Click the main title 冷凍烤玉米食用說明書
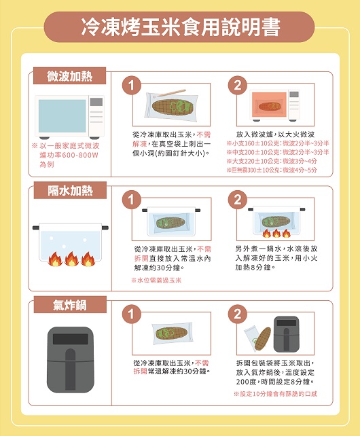180,27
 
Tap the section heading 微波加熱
69,76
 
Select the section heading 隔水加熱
70,190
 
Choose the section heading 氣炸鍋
70,305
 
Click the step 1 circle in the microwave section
131,85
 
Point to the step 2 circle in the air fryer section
237,314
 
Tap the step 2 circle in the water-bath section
237,200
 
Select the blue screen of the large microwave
62,116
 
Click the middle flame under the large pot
71,259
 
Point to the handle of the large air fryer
70,369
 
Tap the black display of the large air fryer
71,339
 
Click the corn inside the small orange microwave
269,106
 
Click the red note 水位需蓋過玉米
156,280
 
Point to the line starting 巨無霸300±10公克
272,170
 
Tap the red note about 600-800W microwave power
66,155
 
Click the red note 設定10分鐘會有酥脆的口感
275,394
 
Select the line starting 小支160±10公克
278,143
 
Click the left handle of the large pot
36,228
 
